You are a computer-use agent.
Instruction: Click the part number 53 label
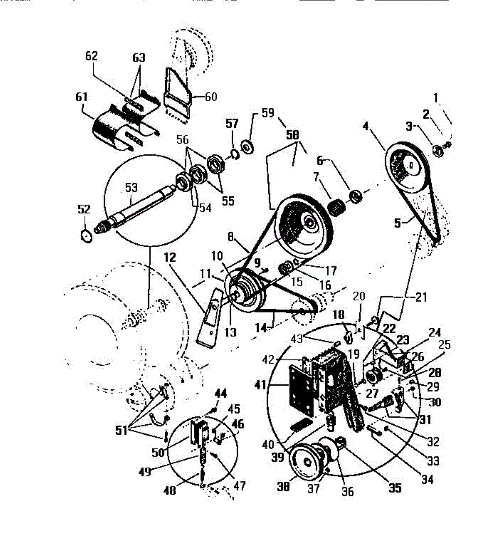pos(131,187)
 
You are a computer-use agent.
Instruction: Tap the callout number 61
pos(82,97)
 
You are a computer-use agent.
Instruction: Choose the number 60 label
pos(211,97)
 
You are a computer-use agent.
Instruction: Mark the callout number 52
pos(84,209)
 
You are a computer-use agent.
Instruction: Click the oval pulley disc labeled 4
pos(405,168)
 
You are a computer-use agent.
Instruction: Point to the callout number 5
pos(398,223)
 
